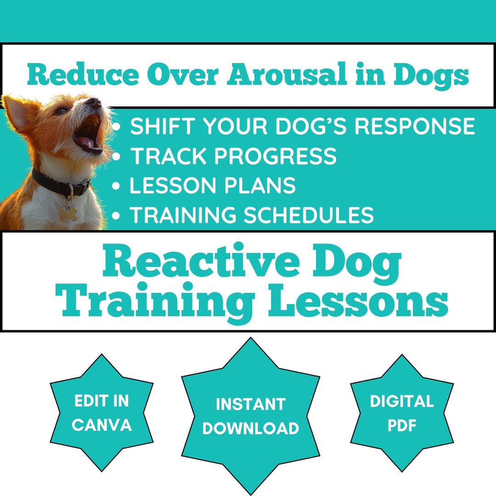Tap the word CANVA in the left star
pyautogui.click(x=101, y=425)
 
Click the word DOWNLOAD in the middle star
pyautogui.click(x=251, y=428)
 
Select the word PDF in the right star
pyautogui.click(x=402, y=425)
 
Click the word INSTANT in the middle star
pyautogui.click(x=251, y=405)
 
